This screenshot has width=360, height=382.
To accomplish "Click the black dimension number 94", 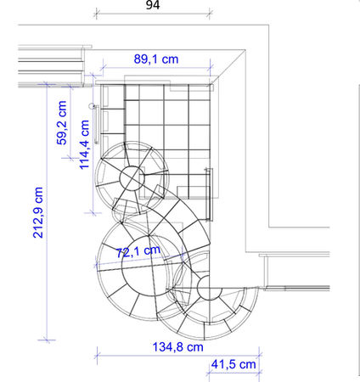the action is click(153, 5).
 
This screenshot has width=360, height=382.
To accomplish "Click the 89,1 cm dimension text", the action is click(156, 59).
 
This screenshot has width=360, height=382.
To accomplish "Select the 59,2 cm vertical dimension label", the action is click(62, 123).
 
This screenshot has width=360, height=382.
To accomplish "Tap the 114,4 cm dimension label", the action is click(84, 145).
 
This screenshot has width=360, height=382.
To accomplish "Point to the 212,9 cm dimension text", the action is click(38, 212).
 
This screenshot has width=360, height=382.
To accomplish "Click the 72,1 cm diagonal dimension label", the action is click(138, 251).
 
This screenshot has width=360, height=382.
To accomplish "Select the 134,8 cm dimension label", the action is click(178, 346).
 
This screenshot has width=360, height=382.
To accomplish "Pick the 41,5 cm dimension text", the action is click(233, 364).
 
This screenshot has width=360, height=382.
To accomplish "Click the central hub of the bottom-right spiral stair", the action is click(210, 288).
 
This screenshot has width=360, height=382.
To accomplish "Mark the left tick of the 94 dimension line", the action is click(97, 14).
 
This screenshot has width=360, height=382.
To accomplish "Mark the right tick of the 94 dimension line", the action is click(210, 14).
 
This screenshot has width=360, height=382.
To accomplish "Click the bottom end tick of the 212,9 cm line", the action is click(47, 340).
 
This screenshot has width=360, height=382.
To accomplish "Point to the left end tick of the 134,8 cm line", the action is click(97, 355).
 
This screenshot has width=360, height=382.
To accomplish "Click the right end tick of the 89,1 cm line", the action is click(210, 68).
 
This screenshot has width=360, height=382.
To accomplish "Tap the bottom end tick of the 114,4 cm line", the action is click(93, 212).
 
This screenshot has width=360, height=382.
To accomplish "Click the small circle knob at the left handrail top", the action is click(92, 106).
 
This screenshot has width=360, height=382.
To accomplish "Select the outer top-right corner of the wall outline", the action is click(268, 25).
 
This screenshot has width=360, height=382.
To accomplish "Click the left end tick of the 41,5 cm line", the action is click(209, 373).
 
